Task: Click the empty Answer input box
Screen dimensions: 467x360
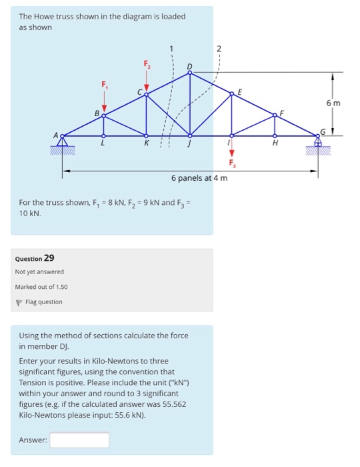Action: [79, 440]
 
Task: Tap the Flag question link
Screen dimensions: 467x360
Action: [43, 302]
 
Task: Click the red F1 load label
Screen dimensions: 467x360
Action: [103, 85]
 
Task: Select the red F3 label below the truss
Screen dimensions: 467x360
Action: [232, 162]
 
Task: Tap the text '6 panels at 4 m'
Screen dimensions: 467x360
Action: [199, 178]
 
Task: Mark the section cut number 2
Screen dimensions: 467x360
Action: [219, 48]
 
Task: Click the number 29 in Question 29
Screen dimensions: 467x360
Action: [49, 258]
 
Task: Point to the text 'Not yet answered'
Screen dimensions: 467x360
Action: [39, 272]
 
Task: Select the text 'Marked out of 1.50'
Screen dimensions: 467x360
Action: [41, 287]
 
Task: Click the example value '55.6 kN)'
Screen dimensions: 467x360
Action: [127, 414]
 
